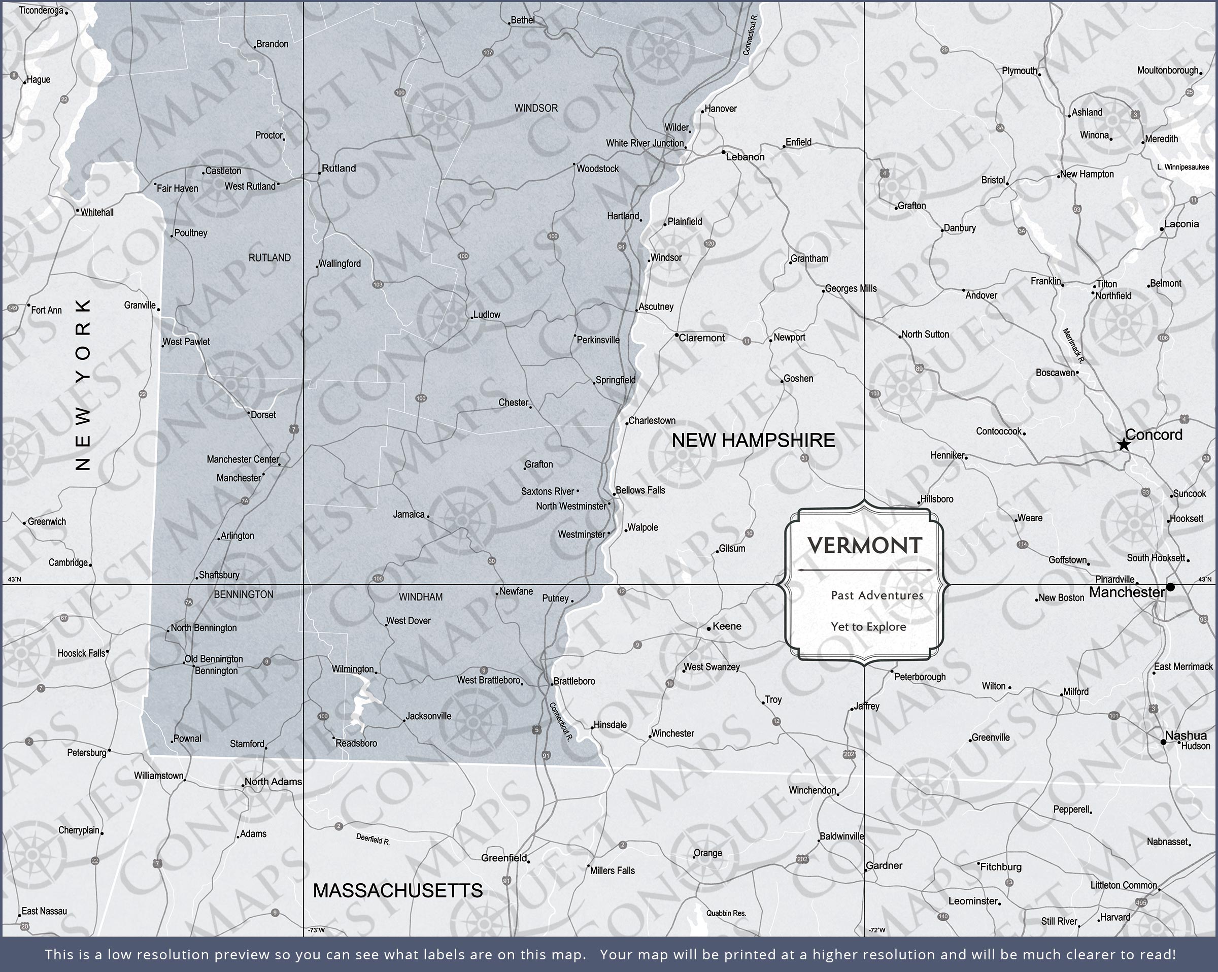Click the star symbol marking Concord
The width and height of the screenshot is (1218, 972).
1124,445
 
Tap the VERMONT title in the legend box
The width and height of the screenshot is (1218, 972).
865,545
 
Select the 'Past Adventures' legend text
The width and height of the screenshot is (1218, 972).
877,595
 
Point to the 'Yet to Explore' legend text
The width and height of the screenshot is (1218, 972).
868,627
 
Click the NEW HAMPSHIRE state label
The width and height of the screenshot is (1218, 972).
753,440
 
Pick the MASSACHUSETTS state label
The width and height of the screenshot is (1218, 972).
398,891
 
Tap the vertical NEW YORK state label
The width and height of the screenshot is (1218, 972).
83,385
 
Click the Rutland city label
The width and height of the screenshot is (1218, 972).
339,169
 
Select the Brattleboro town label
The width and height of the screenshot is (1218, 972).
574,681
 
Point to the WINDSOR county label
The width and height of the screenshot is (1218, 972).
535,108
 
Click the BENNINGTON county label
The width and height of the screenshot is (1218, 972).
244,594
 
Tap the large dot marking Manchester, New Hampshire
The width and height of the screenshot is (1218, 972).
1170,587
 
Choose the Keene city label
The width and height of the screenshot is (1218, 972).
727,626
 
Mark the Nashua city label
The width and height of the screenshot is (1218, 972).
1186,735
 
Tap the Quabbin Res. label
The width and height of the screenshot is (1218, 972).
726,913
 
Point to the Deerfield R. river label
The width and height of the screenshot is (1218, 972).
373,840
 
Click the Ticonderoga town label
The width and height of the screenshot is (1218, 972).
41,10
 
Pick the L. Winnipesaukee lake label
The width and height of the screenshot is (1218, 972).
1183,166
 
